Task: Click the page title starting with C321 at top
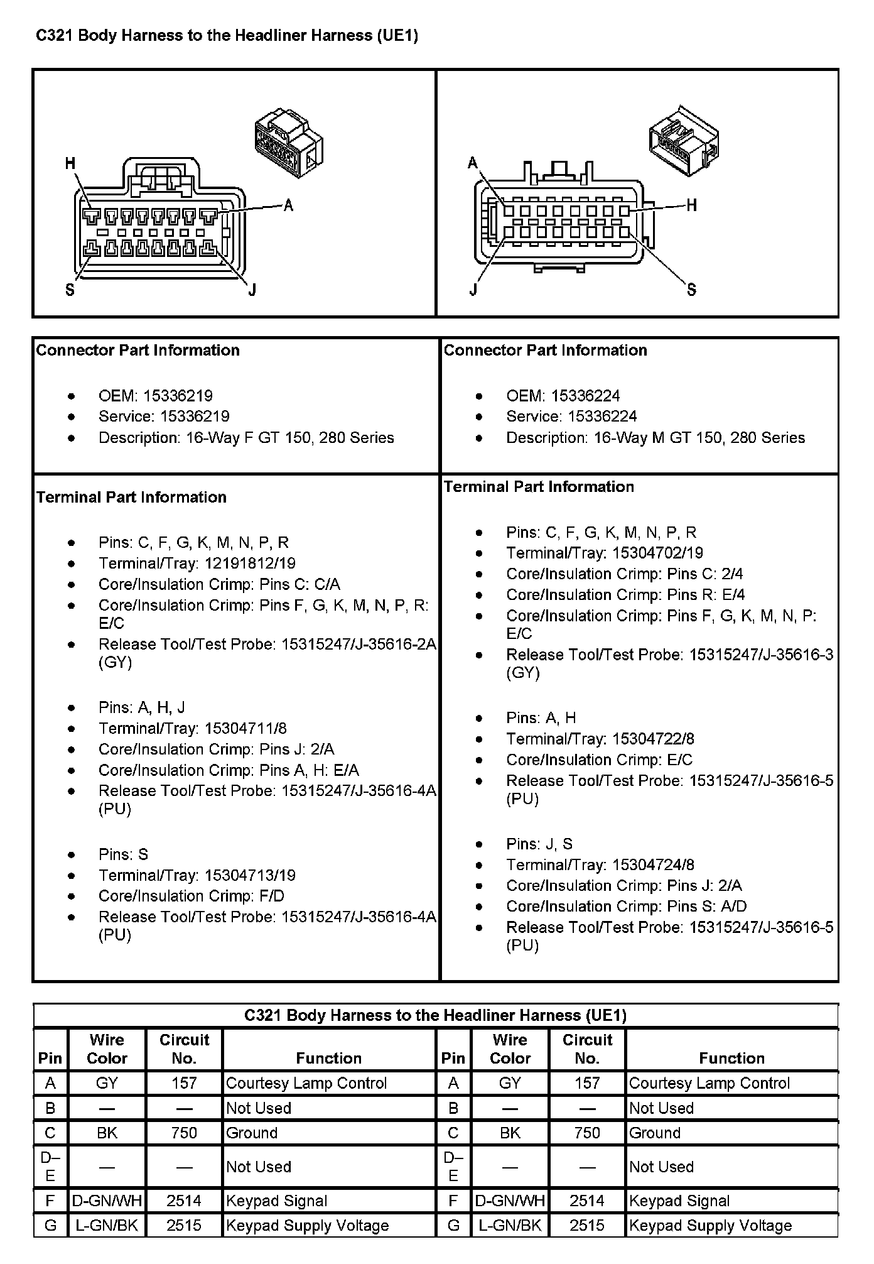coord(227,36)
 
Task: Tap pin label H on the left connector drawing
coord(70,164)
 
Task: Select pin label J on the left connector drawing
coord(252,290)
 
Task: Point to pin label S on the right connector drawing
coord(691,290)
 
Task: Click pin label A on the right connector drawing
coord(473,164)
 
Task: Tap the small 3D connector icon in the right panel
coord(683,141)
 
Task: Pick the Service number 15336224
coord(602,417)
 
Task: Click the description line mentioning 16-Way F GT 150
coord(246,438)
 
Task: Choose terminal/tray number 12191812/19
coord(250,564)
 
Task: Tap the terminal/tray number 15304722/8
coord(653,739)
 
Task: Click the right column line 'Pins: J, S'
coord(539,844)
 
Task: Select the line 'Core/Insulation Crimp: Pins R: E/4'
coord(625,595)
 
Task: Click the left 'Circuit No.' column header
coord(184,1049)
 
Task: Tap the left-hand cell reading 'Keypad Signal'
coord(277,1201)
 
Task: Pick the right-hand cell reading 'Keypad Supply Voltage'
coord(710,1226)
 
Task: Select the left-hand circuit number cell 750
coord(184,1133)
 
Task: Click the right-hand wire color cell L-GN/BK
coord(510,1226)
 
